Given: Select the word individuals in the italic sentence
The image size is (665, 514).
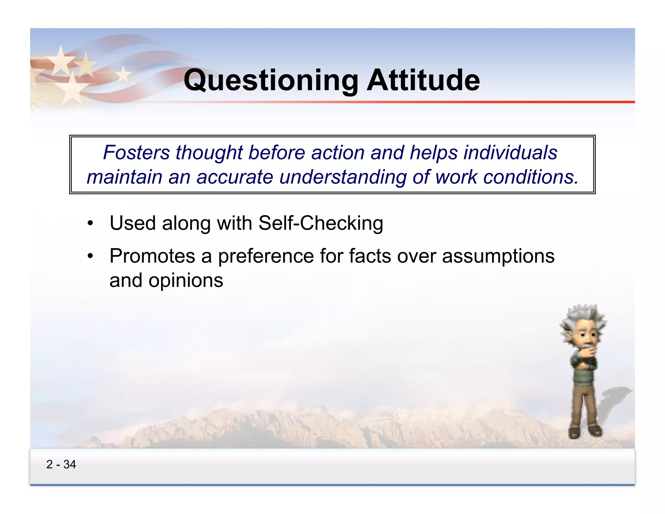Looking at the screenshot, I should [510, 152].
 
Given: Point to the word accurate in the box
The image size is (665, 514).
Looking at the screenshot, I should [235, 177].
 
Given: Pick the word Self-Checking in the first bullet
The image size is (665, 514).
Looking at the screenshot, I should [321, 224].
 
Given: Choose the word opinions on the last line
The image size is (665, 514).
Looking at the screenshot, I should [186, 281].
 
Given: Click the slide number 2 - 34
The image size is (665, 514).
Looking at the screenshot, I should [61, 464].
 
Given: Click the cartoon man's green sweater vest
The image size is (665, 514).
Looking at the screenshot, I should [583, 377].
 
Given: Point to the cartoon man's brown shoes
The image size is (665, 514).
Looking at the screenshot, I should [584, 432].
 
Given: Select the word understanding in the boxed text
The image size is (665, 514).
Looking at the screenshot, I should [343, 178].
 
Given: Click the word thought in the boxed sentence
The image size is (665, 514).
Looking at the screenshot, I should [209, 152].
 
